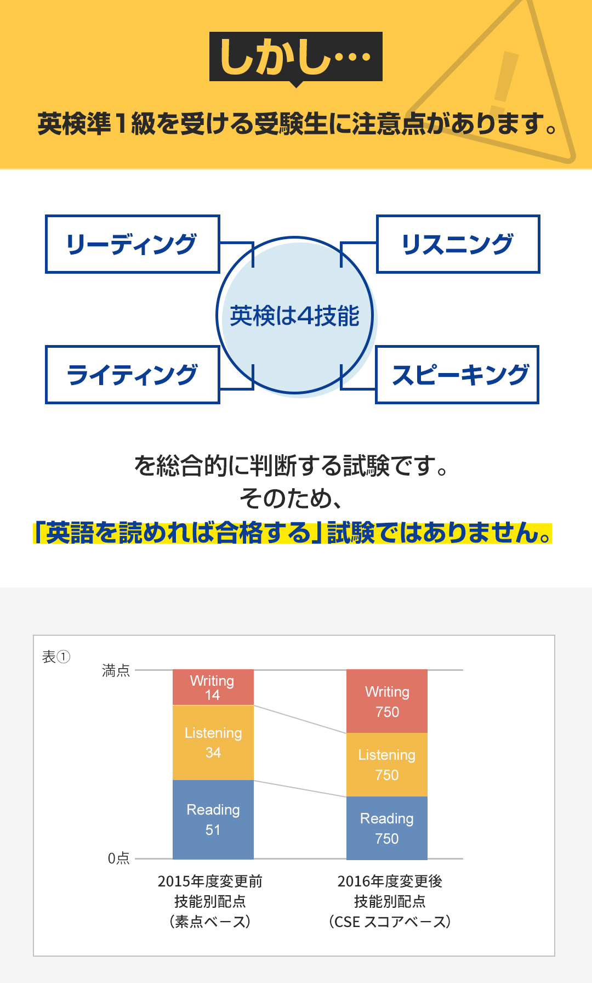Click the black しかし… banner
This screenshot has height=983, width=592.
click(296, 57)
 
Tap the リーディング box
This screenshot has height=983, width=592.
click(133, 244)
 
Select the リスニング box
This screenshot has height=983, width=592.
click(458, 244)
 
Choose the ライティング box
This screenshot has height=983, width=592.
click(133, 375)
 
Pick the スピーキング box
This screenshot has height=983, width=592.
click(457, 375)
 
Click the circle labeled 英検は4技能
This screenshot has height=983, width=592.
click(295, 315)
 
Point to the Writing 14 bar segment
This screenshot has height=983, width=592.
click(213, 687)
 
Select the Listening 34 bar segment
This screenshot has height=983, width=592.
click(213, 743)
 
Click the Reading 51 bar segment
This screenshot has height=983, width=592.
click(213, 820)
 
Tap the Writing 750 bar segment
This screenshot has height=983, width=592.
click(387, 701)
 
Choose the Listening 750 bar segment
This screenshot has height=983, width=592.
click(387, 765)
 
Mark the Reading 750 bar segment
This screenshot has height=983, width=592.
click(387, 828)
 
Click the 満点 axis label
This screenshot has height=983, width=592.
click(116, 670)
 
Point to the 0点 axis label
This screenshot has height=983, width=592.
click(118, 858)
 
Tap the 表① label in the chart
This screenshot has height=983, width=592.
click(56, 657)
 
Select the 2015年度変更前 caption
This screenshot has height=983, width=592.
click(210, 881)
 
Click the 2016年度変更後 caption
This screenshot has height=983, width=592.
click(390, 881)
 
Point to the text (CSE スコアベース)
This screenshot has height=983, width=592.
click(390, 922)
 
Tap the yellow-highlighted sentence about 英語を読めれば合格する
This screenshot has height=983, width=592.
click(293, 533)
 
